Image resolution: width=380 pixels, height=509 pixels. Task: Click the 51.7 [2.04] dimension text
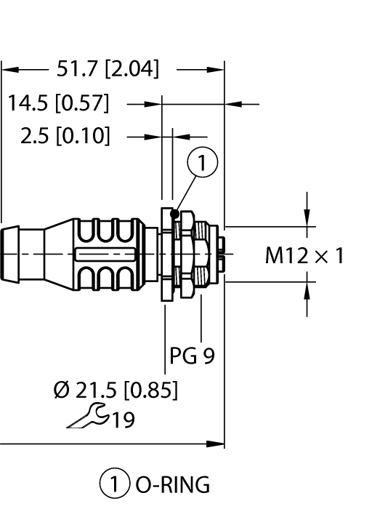[108, 69]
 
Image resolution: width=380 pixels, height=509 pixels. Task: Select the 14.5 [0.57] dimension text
[58, 103]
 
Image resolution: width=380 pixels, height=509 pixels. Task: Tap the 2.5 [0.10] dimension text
[65, 135]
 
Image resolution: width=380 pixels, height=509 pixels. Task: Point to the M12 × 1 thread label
[304, 255]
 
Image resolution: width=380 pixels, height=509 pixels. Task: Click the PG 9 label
[193, 356]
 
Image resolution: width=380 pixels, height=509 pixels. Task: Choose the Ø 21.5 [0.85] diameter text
[116, 390]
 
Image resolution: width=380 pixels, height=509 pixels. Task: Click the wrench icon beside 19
[87, 416]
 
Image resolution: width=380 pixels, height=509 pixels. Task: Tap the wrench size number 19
[124, 420]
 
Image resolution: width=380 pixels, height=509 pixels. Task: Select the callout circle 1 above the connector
[203, 162]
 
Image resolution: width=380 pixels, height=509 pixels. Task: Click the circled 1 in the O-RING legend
[115, 483]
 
